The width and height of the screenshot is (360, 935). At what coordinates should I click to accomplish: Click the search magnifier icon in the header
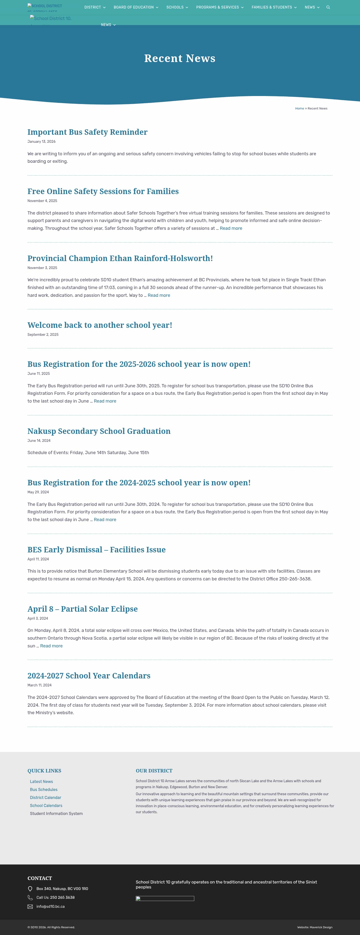pyautogui.click(x=328, y=7)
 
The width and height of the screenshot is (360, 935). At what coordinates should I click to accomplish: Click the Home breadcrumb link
pyautogui.click(x=299, y=109)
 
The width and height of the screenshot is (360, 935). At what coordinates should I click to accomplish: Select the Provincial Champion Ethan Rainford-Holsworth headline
pyautogui.click(x=120, y=258)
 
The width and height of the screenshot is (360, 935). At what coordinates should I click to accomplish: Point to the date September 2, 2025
pyautogui.click(x=43, y=335)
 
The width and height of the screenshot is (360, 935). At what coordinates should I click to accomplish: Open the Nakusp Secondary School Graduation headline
pyautogui.click(x=99, y=431)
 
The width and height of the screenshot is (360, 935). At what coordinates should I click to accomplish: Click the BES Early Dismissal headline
pyautogui.click(x=96, y=550)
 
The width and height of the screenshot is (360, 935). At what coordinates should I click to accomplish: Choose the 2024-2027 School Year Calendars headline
pyautogui.click(x=89, y=676)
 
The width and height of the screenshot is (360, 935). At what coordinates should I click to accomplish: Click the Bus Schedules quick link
pyautogui.click(x=43, y=789)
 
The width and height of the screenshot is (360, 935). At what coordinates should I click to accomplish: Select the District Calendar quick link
pyautogui.click(x=45, y=797)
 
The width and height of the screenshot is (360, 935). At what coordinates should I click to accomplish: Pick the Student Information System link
pyautogui.click(x=56, y=813)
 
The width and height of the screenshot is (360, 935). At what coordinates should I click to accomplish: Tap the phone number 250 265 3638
pyautogui.click(x=62, y=897)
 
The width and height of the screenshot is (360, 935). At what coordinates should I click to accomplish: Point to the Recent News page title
pyautogui.click(x=180, y=59)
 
